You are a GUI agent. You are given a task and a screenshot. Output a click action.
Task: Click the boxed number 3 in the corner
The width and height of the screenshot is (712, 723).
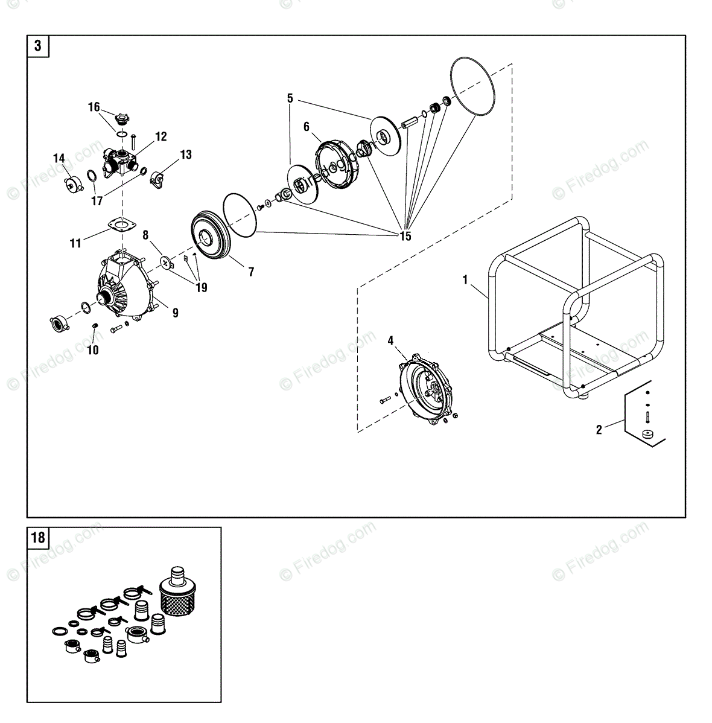[x=38, y=46]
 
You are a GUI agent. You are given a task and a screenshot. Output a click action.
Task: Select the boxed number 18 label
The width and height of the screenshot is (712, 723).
[x=38, y=537]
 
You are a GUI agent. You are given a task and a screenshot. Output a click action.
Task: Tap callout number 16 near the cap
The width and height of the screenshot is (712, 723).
[x=94, y=107]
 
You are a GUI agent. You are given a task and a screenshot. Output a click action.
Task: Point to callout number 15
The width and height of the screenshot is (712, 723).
[x=405, y=236]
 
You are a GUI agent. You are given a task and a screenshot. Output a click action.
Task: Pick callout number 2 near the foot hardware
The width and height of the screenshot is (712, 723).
[x=599, y=430]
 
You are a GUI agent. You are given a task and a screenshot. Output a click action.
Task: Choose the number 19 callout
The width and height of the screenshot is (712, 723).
[x=201, y=288]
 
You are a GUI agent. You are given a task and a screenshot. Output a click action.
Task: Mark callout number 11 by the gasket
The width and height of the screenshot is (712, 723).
[x=75, y=243]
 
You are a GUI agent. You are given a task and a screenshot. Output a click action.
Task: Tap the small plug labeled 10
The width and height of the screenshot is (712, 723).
[x=95, y=326]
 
